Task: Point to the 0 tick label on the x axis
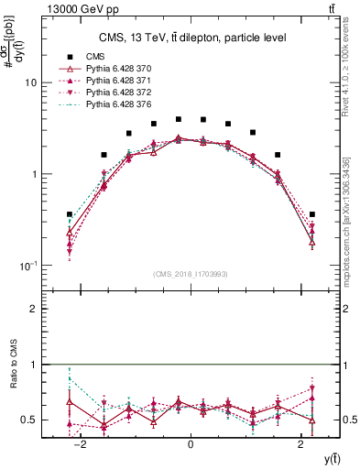tap(191, 444)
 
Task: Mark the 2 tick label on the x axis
tap(300, 444)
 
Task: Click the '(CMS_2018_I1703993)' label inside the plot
tap(191, 273)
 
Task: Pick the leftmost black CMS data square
tap(70, 214)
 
